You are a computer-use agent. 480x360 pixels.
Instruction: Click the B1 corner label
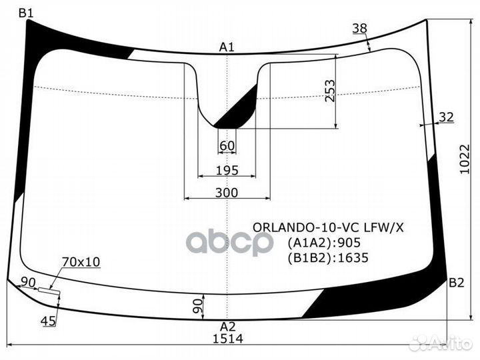[25, 12]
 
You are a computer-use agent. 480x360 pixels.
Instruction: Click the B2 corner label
[456, 283]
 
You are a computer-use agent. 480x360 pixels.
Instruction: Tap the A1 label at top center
[227, 47]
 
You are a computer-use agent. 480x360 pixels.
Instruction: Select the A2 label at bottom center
[228, 326]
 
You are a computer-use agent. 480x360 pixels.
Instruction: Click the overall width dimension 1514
[228, 338]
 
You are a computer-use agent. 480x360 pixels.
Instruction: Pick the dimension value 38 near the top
[359, 28]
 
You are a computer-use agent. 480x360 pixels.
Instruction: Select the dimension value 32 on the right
[446, 117]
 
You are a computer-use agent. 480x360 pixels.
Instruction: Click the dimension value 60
[227, 146]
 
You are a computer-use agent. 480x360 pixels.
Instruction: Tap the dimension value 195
[227, 171]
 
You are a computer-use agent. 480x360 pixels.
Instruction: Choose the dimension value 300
[227, 193]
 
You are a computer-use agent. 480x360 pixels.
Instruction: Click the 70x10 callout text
[81, 262]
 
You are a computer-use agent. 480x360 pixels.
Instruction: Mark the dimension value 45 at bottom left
[48, 322]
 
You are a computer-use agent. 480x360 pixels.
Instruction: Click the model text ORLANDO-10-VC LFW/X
[327, 227]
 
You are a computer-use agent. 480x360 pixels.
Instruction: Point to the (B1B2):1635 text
[327, 258]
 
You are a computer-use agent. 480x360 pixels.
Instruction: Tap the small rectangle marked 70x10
[48, 290]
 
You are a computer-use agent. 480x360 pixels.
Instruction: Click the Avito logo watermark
[441, 343]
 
